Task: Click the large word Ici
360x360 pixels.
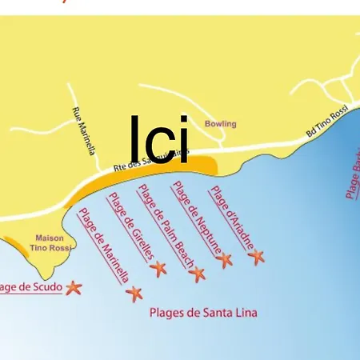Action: tap(160, 140)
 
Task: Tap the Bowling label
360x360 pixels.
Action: tap(221, 124)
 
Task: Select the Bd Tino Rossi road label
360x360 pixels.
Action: tap(328, 122)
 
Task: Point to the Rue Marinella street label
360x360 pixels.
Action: tap(84, 130)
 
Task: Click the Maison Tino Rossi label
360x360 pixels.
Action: tap(50, 243)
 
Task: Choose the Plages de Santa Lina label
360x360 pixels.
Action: tap(203, 313)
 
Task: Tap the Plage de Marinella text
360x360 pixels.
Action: tap(103, 246)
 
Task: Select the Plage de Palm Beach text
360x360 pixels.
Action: tap(165, 226)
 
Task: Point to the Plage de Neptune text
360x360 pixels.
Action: tap(196, 218)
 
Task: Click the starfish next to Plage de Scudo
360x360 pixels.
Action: tap(74, 287)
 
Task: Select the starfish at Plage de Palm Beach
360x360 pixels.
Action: tap(197, 274)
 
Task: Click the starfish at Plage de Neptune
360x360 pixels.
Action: tap(225, 259)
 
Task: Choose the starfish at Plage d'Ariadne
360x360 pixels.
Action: tap(256, 257)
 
